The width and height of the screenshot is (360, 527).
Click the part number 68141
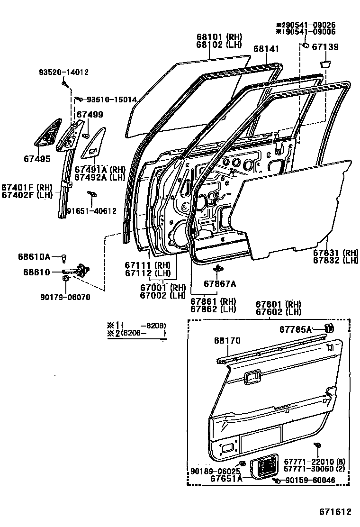tap(266, 49)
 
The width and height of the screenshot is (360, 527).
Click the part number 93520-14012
tap(63, 72)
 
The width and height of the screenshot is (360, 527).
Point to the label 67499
tap(90, 114)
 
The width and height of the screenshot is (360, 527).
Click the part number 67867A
tap(220, 283)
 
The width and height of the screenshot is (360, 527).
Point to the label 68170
tap(227, 340)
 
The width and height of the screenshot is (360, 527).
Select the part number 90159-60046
tap(309, 481)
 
